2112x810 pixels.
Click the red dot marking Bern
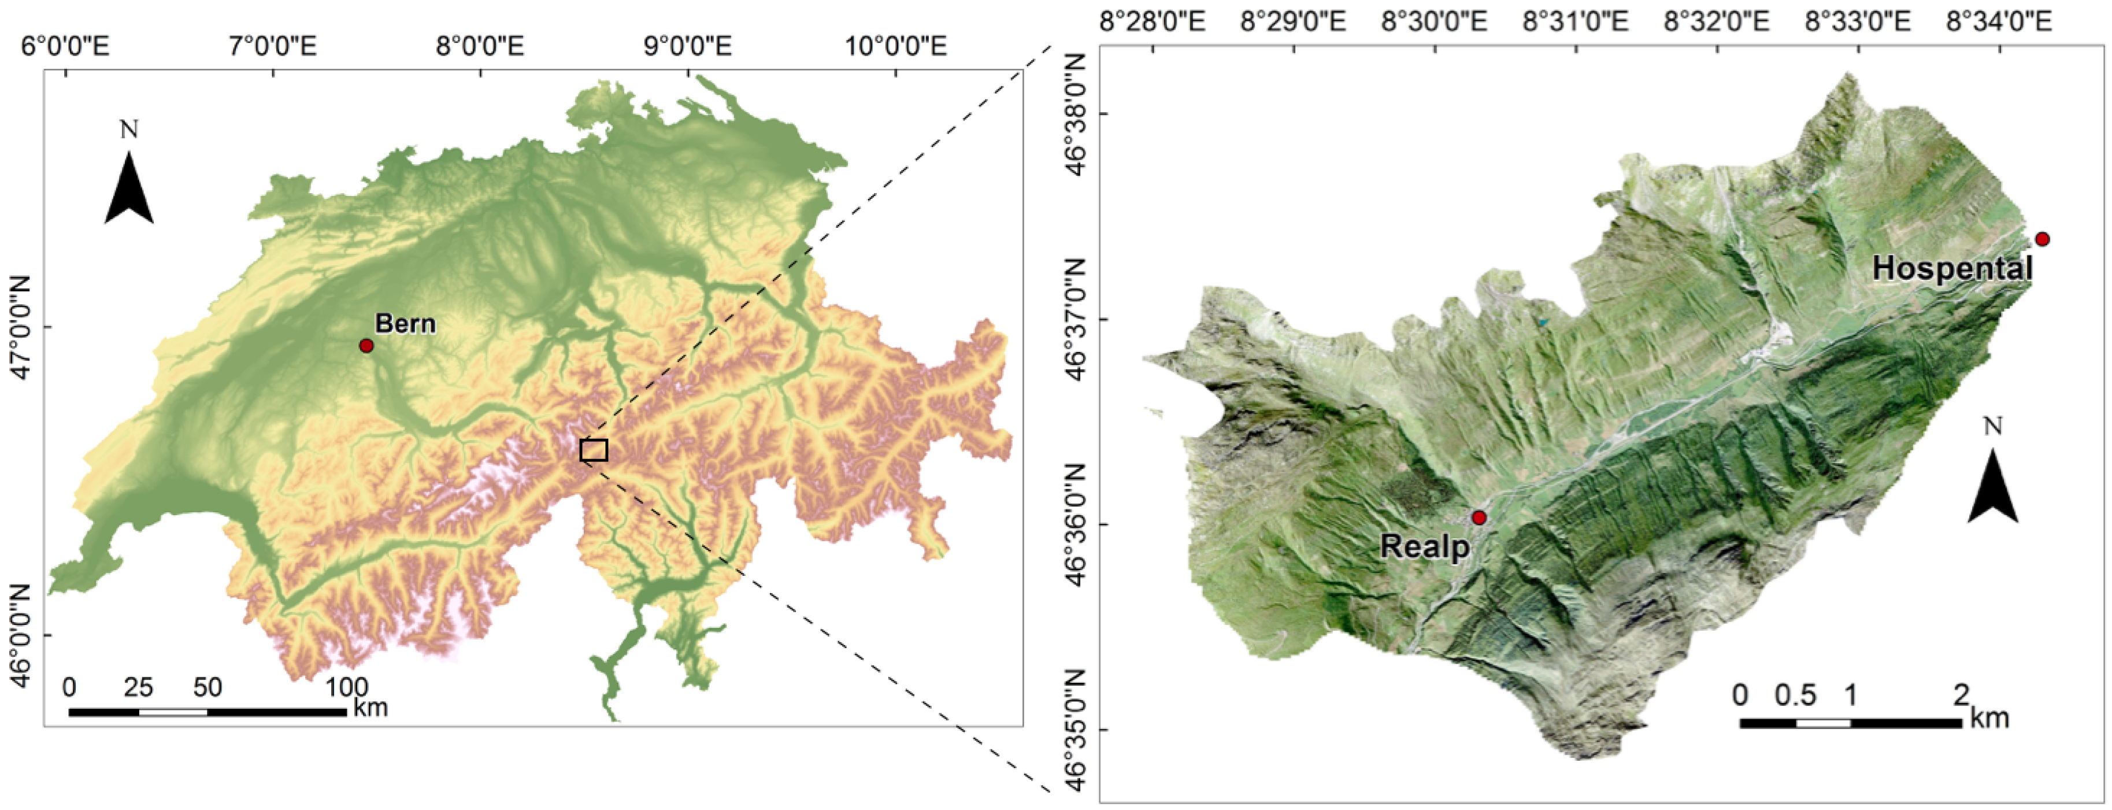click(366, 346)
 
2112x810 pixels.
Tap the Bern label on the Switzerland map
click(405, 324)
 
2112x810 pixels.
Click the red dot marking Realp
click(1479, 517)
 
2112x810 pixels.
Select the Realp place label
click(1425, 546)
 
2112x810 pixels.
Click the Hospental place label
click(1952, 269)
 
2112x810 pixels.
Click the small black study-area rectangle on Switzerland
click(594, 450)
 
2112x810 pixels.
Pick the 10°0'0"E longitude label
click(896, 45)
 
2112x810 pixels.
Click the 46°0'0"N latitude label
click(20, 635)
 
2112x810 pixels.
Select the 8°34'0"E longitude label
click(1999, 20)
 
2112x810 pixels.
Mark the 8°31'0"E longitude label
click(1576, 20)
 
